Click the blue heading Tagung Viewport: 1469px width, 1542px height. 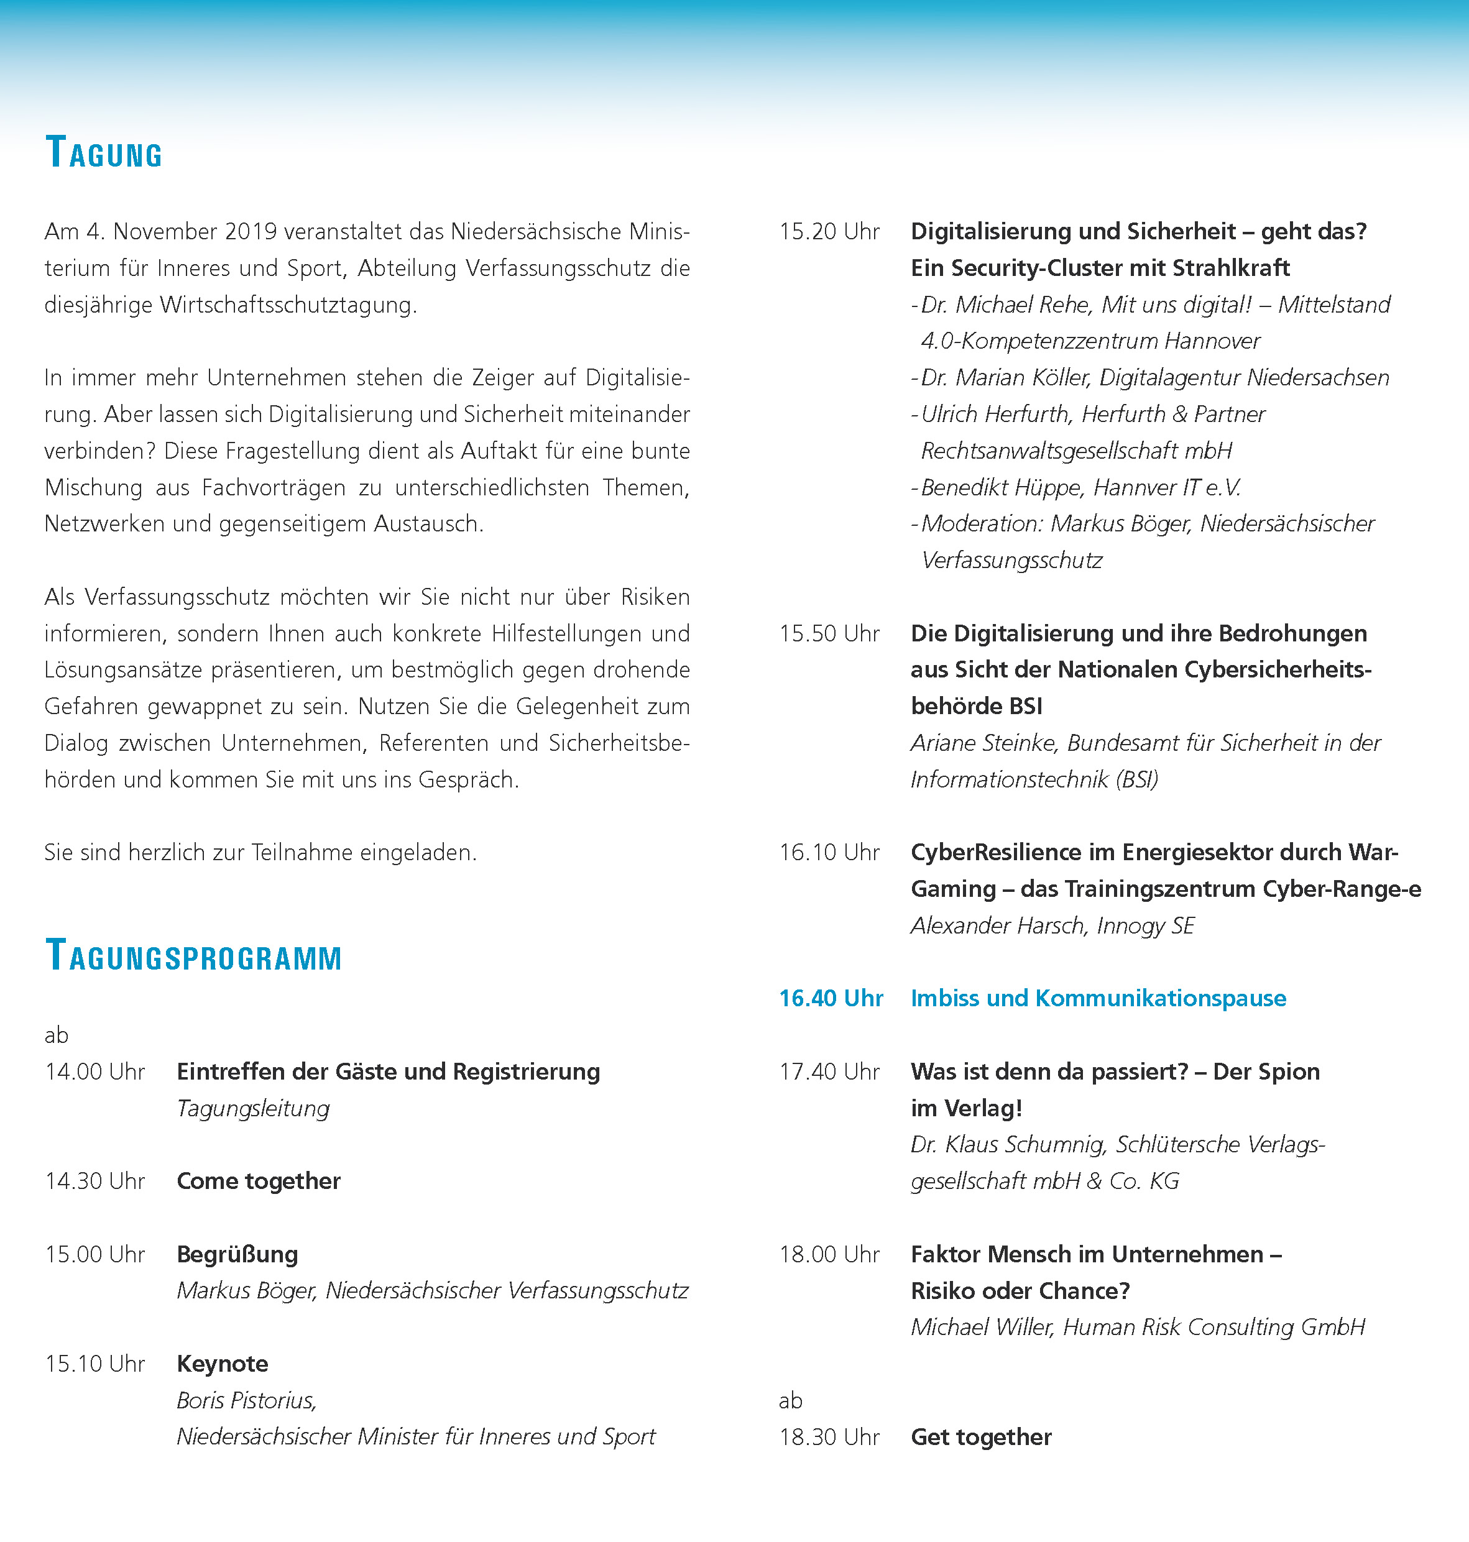(x=104, y=153)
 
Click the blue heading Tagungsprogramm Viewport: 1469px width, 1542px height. (x=193, y=957)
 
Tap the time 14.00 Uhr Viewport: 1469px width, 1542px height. (x=94, y=1072)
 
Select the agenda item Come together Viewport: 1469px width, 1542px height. (x=259, y=1181)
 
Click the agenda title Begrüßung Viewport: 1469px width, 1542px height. (x=237, y=1255)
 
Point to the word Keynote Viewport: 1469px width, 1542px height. (x=223, y=1364)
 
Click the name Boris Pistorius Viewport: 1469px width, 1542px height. (x=246, y=1400)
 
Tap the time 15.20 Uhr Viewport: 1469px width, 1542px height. (x=829, y=232)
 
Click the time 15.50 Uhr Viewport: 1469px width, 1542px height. (x=829, y=633)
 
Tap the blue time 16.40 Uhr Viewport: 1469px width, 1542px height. (x=831, y=999)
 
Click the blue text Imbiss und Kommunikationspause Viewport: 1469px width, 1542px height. (x=1098, y=999)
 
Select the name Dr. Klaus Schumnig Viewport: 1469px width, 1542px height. (x=1008, y=1145)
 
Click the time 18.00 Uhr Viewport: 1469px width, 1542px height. (x=829, y=1255)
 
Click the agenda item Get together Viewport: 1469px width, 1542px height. (x=980, y=1437)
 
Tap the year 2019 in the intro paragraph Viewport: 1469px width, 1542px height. (x=251, y=232)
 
